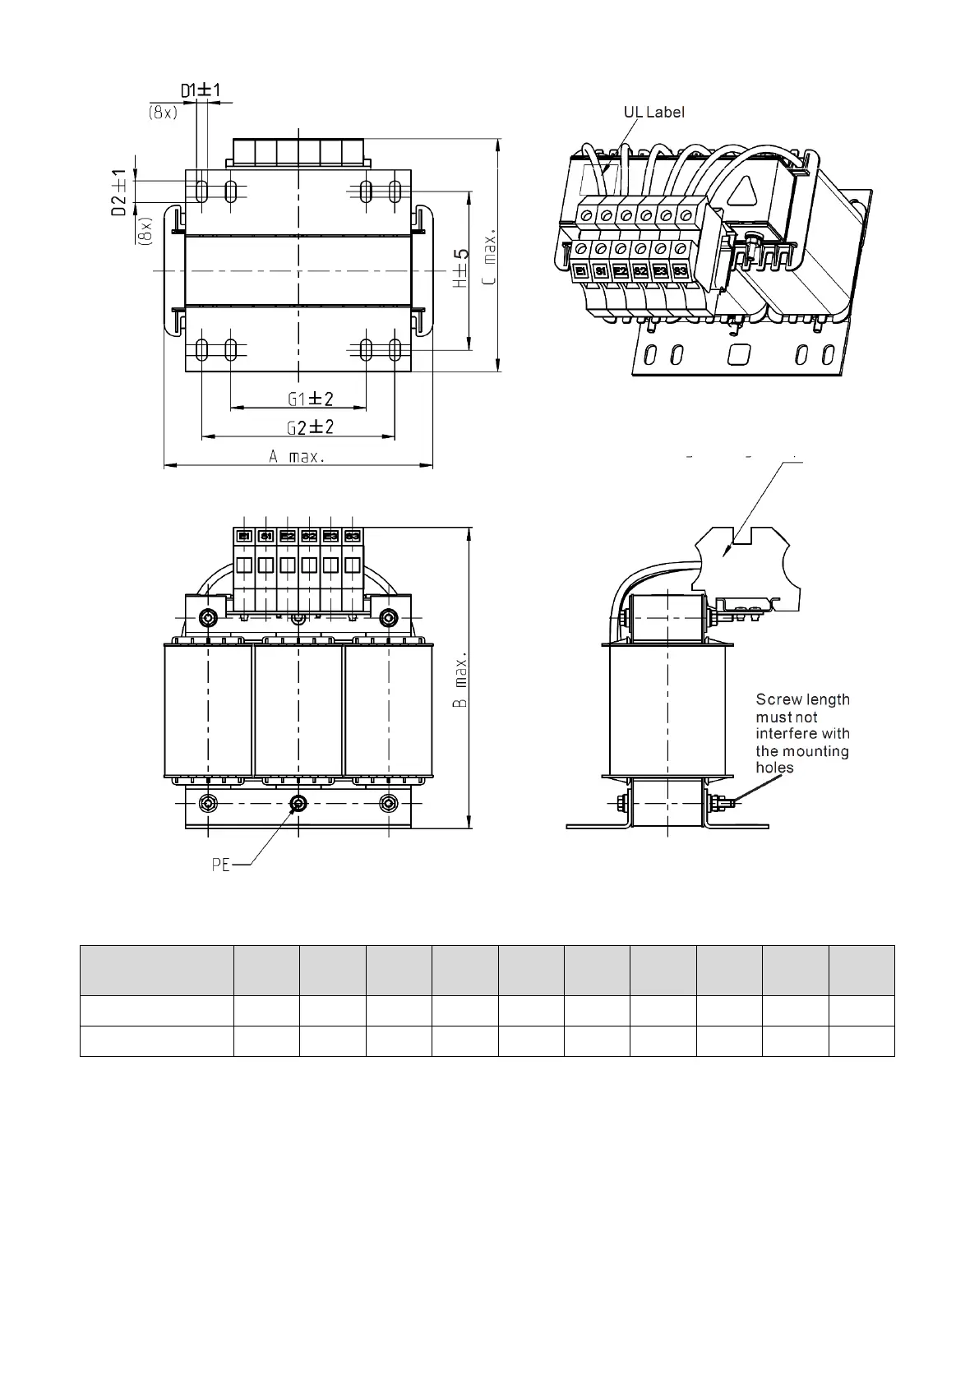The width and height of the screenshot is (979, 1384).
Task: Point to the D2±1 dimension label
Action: (119, 193)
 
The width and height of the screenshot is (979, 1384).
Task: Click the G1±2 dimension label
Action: (311, 399)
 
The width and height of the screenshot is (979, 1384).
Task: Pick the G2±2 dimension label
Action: (310, 427)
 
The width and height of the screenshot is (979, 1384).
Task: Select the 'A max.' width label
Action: (297, 457)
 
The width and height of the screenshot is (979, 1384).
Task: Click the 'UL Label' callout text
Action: (653, 112)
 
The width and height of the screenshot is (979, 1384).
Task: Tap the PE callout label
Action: (221, 865)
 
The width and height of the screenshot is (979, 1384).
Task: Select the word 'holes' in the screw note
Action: (774, 768)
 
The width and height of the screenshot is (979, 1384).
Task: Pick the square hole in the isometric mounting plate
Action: (739, 354)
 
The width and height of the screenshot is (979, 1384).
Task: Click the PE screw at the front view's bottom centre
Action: (298, 803)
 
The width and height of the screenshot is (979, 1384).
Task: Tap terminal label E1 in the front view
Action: (244, 536)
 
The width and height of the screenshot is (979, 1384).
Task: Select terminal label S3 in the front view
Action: (352, 536)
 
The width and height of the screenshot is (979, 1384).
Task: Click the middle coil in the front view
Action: (298, 711)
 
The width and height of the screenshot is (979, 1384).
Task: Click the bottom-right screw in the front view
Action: (388, 803)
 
